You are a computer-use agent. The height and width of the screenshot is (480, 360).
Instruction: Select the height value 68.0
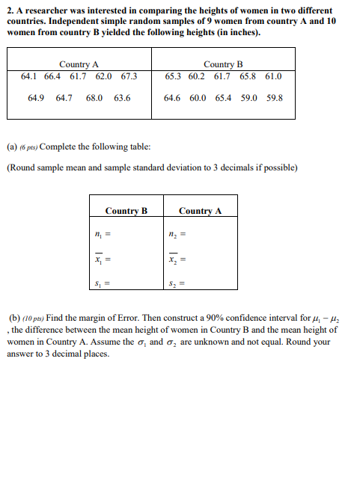tap(95, 98)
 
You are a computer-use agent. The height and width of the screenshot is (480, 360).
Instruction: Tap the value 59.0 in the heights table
tap(248, 98)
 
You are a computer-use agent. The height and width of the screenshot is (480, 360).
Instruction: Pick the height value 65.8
tap(248, 76)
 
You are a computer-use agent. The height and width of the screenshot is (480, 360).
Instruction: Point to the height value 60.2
tap(197, 76)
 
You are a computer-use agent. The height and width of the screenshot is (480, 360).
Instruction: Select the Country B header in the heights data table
tap(223, 65)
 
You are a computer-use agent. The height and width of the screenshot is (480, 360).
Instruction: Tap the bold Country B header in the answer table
tap(126, 211)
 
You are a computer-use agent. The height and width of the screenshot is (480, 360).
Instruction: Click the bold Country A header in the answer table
tap(200, 211)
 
